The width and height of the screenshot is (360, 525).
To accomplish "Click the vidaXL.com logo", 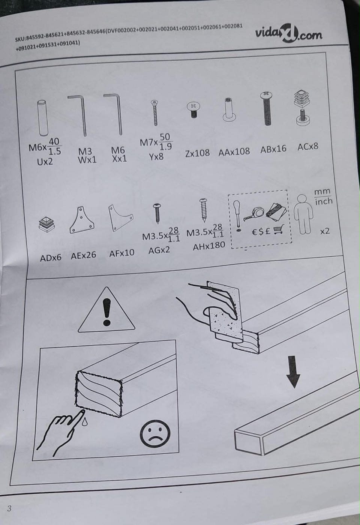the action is tap(288, 33).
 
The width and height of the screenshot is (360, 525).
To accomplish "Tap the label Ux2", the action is tap(45, 161).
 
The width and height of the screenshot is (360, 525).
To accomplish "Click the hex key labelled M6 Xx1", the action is tap(114, 114).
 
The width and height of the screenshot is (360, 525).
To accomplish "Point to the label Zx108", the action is tap(197, 153).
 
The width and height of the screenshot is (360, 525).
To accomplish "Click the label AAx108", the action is tap(234, 152).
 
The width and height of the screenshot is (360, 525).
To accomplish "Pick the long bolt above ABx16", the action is tap(266, 108).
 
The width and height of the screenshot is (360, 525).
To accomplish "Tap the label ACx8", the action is tap(308, 147).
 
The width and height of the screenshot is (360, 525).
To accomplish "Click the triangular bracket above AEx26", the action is tap(82, 220).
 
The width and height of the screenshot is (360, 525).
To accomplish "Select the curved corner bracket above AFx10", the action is tap(119, 218).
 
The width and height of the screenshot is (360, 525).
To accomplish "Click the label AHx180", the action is tap(209, 246).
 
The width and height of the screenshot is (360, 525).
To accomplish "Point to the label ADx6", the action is tap(51, 258).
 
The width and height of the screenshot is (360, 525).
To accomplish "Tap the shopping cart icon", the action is tap(279, 229).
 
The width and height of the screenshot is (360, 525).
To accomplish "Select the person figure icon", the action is tap(303, 214).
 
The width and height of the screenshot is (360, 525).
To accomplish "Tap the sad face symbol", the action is tap(155, 433).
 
